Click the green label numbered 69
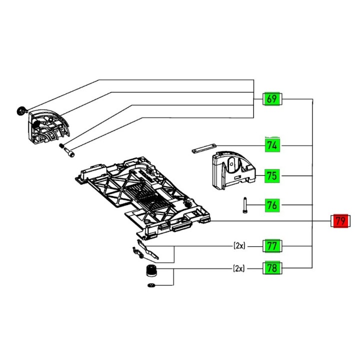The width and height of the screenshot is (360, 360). point(272,99)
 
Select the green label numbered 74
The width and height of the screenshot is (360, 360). point(272,146)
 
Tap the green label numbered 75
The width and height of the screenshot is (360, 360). point(272,176)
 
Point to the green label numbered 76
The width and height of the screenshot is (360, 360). point(272,205)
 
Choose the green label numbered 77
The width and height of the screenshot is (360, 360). point(272,246)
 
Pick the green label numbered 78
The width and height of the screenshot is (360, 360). point(272,268)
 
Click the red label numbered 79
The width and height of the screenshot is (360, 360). point(341,220)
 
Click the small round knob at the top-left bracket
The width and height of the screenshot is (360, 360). point(21,111)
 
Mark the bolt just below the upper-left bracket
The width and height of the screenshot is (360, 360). point(68,150)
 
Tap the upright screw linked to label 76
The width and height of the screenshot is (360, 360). point(245,205)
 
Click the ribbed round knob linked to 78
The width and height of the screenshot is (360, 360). point(148,272)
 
